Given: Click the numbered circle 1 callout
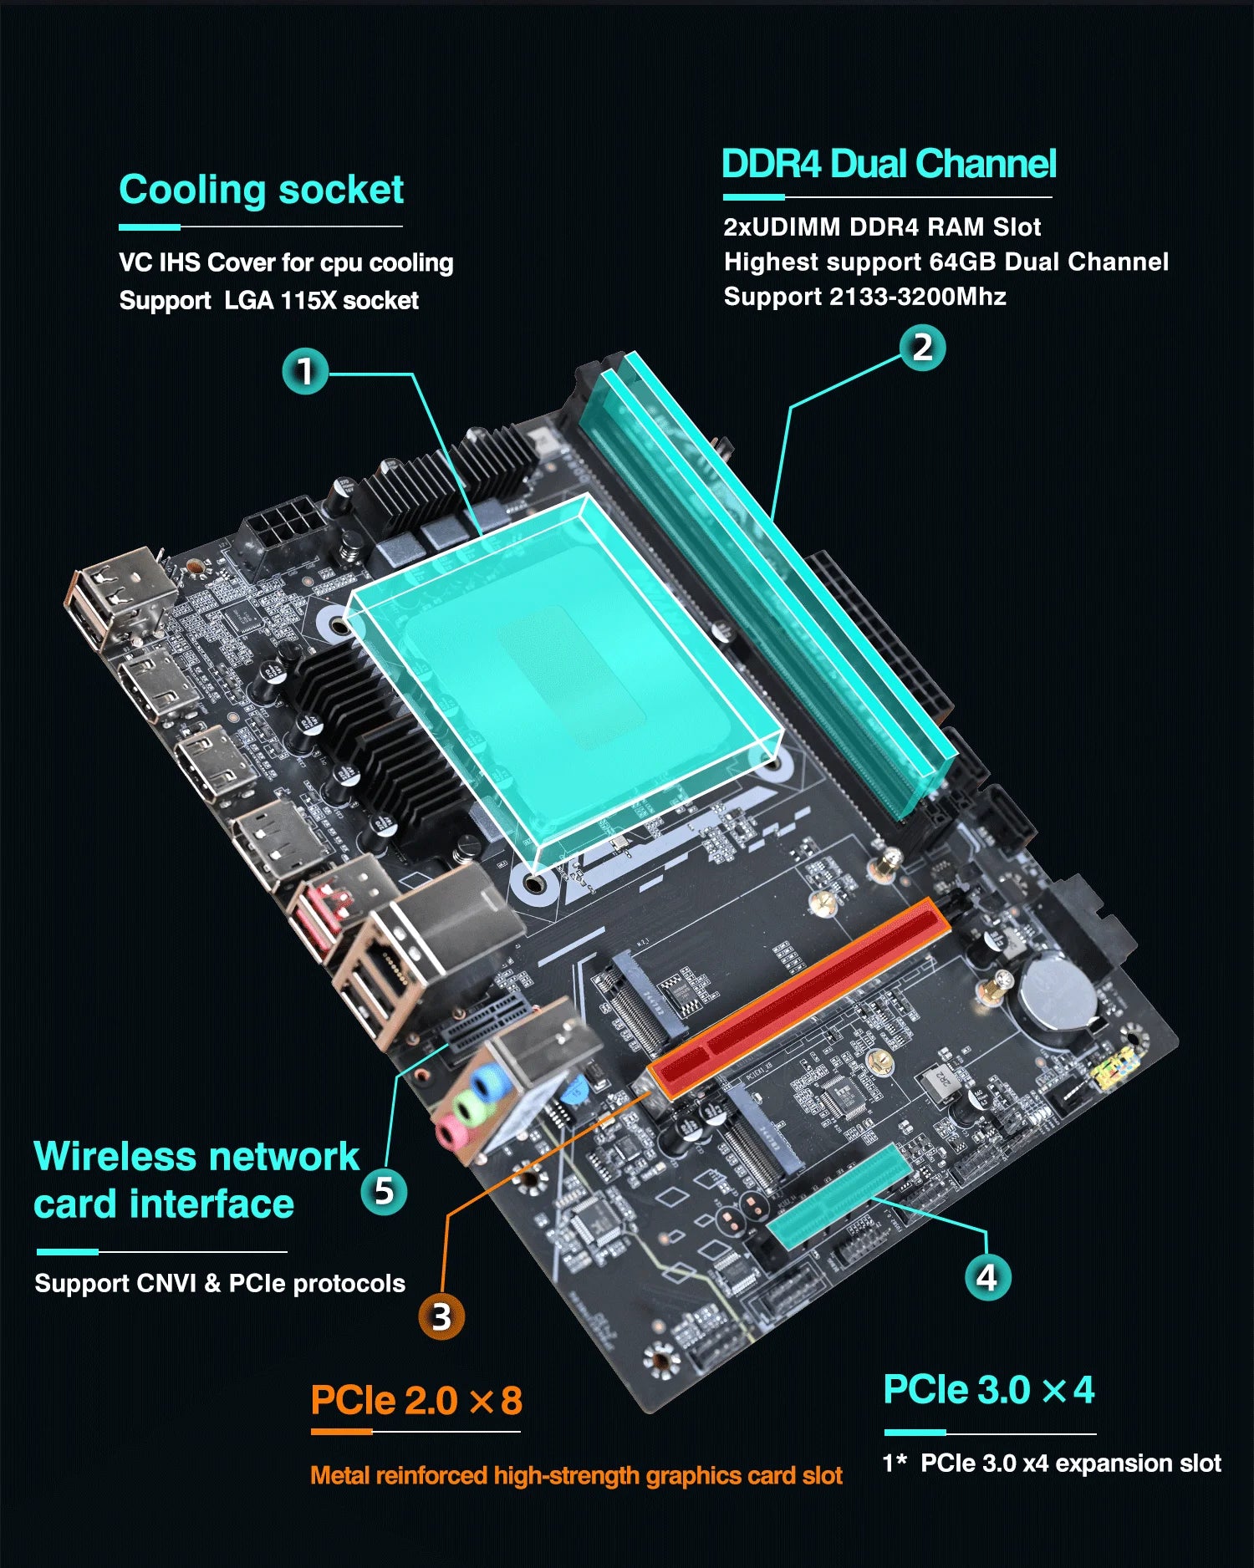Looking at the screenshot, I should point(305,371).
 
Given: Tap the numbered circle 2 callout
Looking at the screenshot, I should point(922,348).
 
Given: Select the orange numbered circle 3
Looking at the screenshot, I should point(441,1316).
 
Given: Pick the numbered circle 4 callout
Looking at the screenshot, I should point(987,1277).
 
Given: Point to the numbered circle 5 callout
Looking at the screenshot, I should point(384,1191).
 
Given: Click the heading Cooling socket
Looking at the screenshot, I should point(261,191).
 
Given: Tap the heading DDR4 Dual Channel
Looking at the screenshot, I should point(888,164).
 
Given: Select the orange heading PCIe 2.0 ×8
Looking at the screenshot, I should point(415,1401).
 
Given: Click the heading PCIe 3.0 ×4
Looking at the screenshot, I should point(988,1391).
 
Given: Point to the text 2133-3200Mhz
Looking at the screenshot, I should point(917,297).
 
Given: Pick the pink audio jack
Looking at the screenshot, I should point(451,1132).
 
